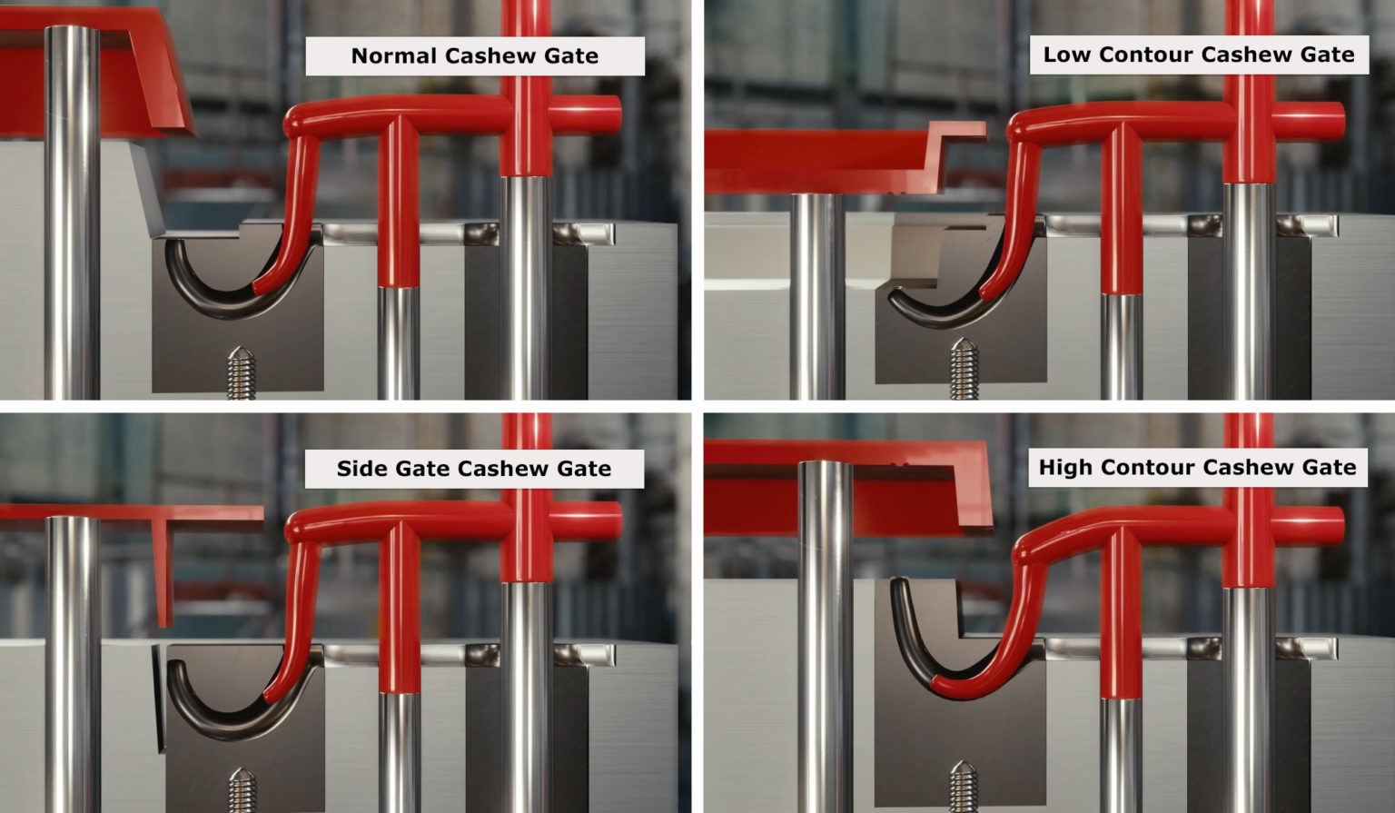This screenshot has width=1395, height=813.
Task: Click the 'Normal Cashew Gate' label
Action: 474,56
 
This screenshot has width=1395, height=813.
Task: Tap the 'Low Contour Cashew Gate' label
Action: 1199,55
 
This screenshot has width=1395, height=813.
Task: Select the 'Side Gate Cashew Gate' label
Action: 473,469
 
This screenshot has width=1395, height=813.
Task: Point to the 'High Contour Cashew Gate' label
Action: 1197,468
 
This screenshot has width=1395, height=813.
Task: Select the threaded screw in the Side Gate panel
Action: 241,789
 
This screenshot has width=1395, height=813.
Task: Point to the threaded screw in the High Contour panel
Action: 964,786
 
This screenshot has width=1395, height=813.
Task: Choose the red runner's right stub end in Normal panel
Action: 610,115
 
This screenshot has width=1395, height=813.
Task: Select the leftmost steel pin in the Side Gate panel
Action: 73,663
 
